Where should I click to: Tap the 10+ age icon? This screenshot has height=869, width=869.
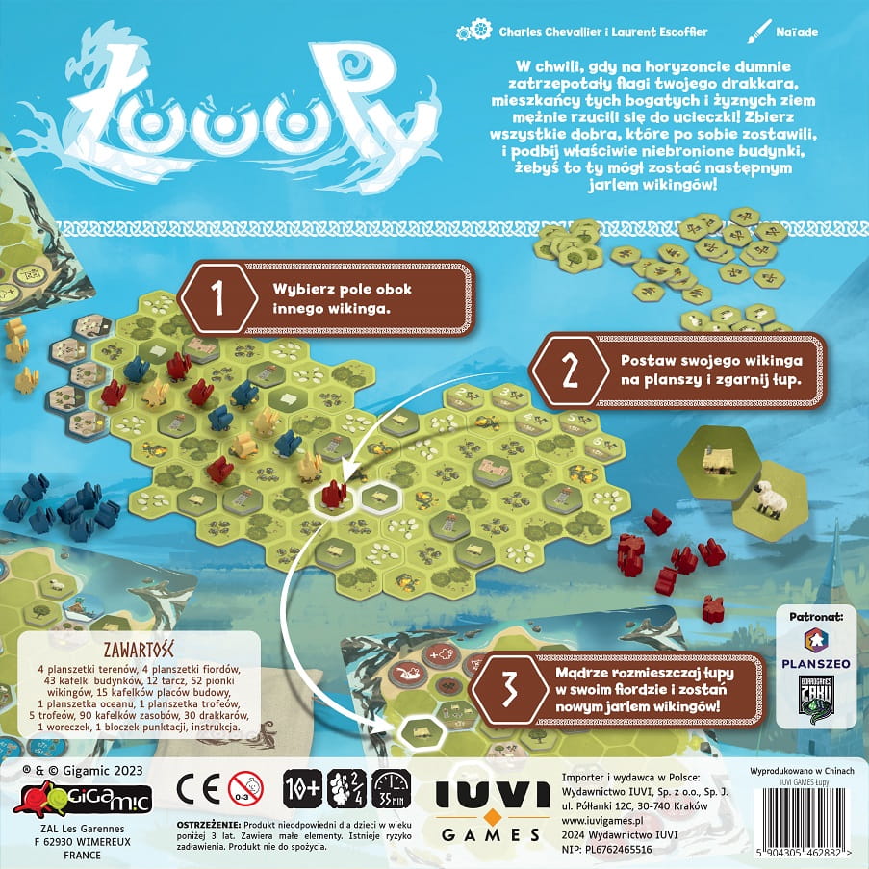[x=300, y=787]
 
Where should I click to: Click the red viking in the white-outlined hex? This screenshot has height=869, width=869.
[x=334, y=494]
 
